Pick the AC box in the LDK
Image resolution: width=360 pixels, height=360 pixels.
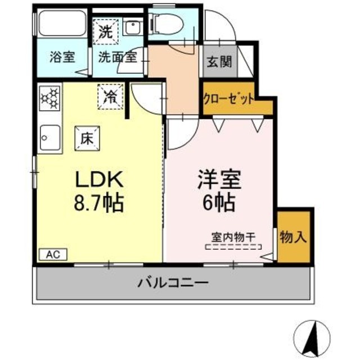[x=52, y=254]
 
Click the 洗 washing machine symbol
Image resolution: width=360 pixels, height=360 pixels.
[x=105, y=33]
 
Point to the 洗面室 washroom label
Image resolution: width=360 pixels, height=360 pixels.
[x=118, y=57]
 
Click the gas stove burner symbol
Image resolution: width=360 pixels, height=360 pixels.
[x=49, y=98]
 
